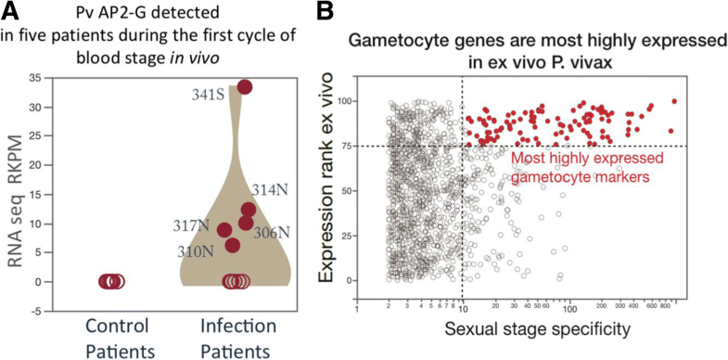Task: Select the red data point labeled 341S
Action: pos(245,87)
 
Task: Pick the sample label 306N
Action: pos(270,231)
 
